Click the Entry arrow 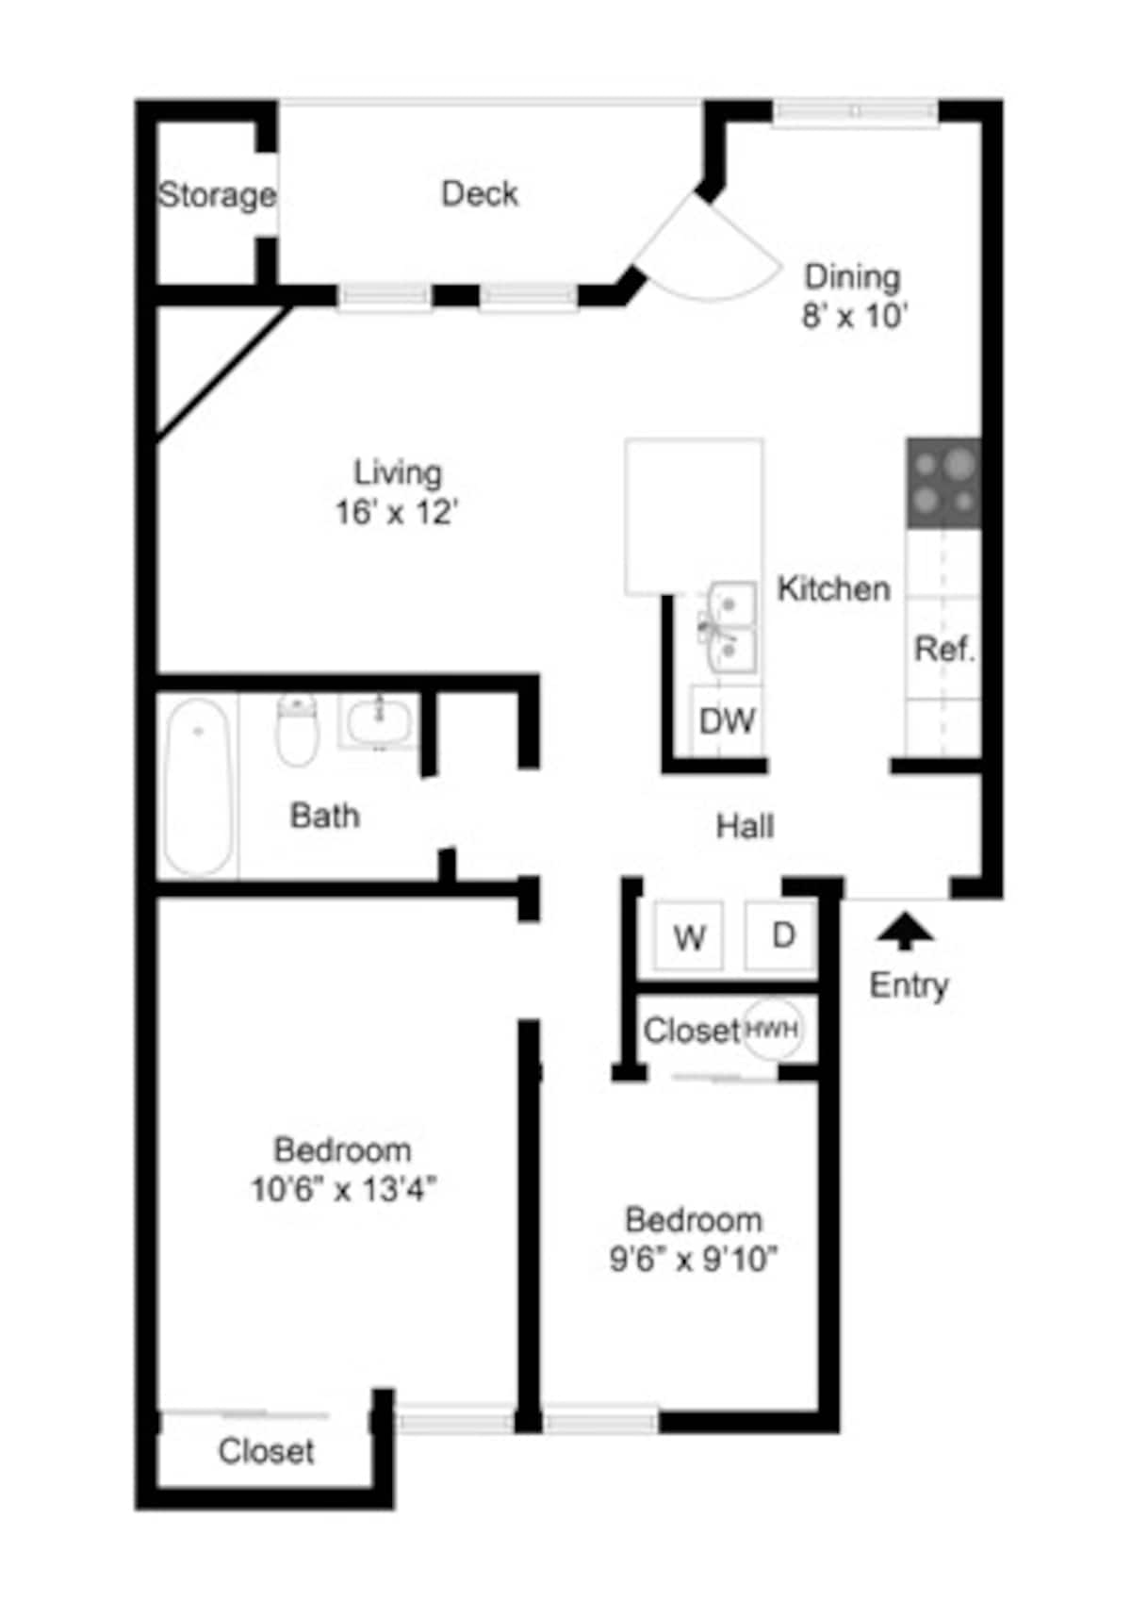coord(905,931)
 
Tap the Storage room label coord(217,195)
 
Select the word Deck coord(480,194)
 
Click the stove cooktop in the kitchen coord(943,484)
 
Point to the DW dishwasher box coord(727,719)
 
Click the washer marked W coord(688,936)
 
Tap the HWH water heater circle coord(772,1029)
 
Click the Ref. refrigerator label coord(945,649)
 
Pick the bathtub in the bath coord(198,786)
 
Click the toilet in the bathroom coord(297,729)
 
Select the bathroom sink coord(379,721)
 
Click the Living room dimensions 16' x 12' coord(397,512)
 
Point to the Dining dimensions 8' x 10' coord(854,315)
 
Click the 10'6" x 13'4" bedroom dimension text coord(343,1190)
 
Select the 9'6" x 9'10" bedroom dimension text coord(693,1259)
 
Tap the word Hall coord(745,827)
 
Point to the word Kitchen coord(833,588)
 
